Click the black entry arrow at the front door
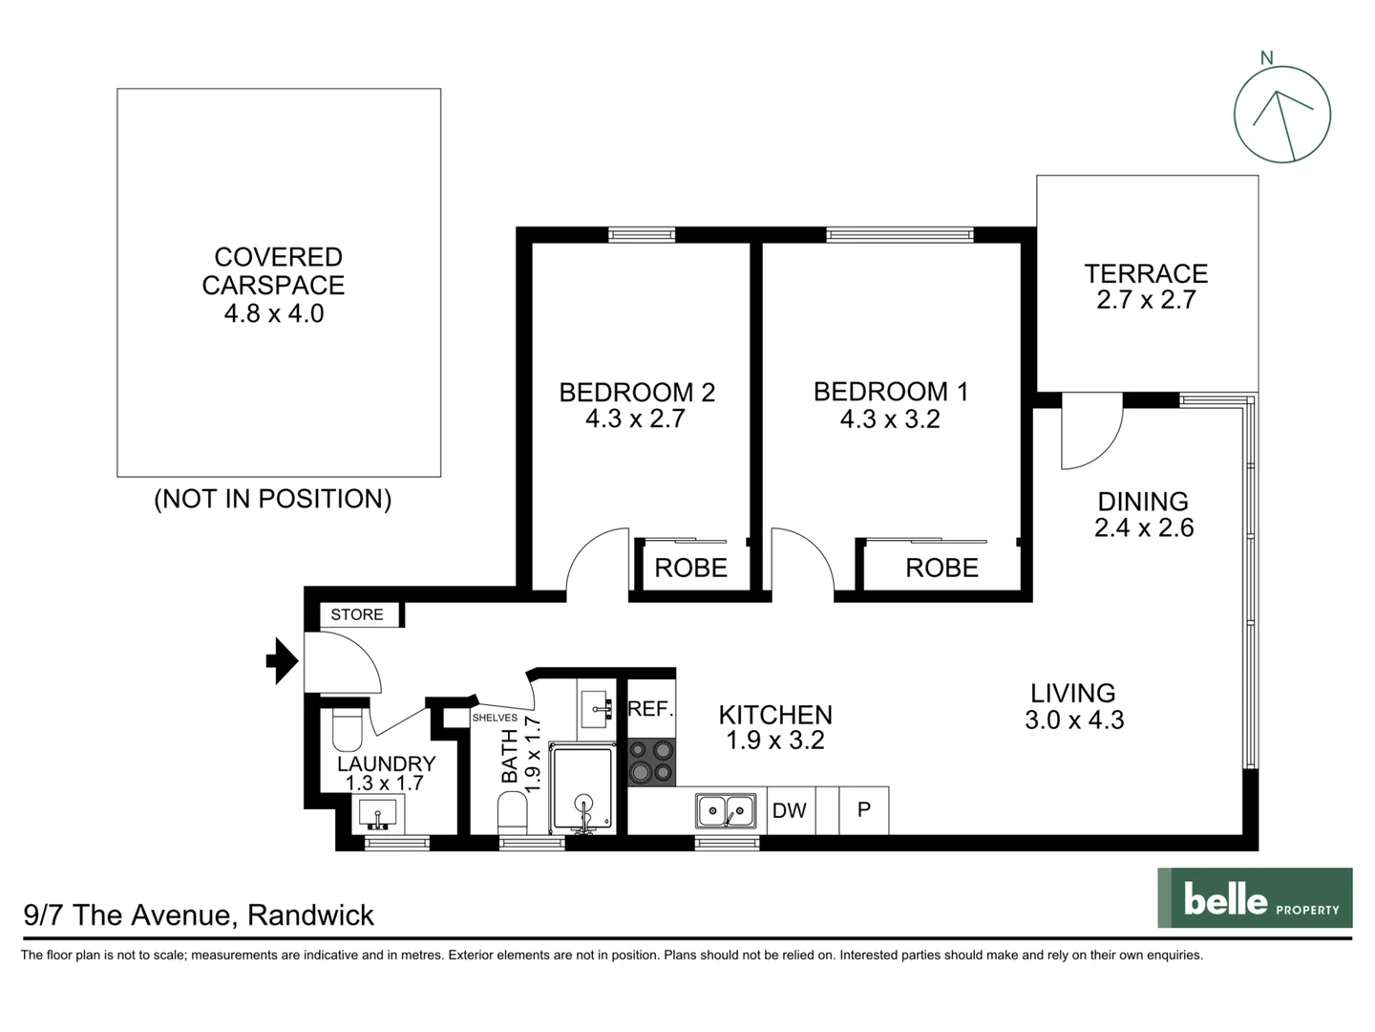click(282, 660)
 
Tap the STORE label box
click(357, 614)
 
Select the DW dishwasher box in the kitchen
click(790, 810)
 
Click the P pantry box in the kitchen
click(864, 810)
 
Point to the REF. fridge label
click(651, 709)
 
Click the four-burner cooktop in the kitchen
click(651, 762)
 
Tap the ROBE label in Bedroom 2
click(690, 568)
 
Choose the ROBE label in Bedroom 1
click(941, 568)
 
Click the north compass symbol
click(1281, 114)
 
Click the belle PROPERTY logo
click(1255, 898)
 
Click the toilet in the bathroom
click(512, 814)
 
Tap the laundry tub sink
click(378, 814)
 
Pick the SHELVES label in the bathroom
click(495, 718)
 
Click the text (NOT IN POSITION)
click(273, 499)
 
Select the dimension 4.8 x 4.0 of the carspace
click(274, 313)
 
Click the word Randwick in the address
click(310, 915)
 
